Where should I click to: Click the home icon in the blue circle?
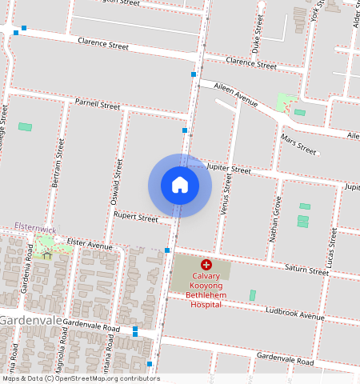180,185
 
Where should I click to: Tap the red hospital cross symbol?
206,264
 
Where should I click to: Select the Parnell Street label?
98,105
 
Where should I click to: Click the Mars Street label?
300,145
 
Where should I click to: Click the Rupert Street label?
136,217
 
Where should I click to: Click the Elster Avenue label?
90,245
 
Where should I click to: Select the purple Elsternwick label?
35,229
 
